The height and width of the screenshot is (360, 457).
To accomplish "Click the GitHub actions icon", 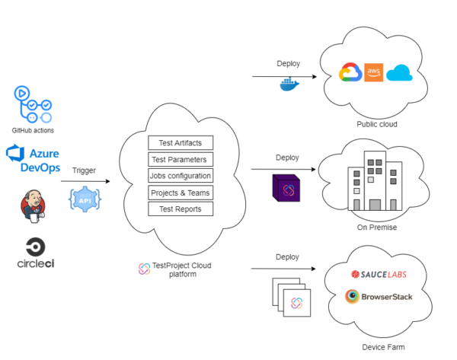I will [33, 104].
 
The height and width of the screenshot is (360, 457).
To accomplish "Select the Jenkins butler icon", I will [33, 207].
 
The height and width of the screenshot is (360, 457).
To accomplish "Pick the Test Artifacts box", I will [181, 142].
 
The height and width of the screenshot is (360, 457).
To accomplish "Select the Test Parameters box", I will [181, 159].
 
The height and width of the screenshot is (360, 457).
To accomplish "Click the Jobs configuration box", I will [181, 176].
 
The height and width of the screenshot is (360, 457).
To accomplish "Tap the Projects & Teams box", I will [181, 192].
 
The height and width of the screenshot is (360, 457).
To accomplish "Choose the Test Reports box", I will [181, 209].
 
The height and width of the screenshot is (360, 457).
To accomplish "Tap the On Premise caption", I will [377, 227].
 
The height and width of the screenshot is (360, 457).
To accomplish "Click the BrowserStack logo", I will [379, 296].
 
